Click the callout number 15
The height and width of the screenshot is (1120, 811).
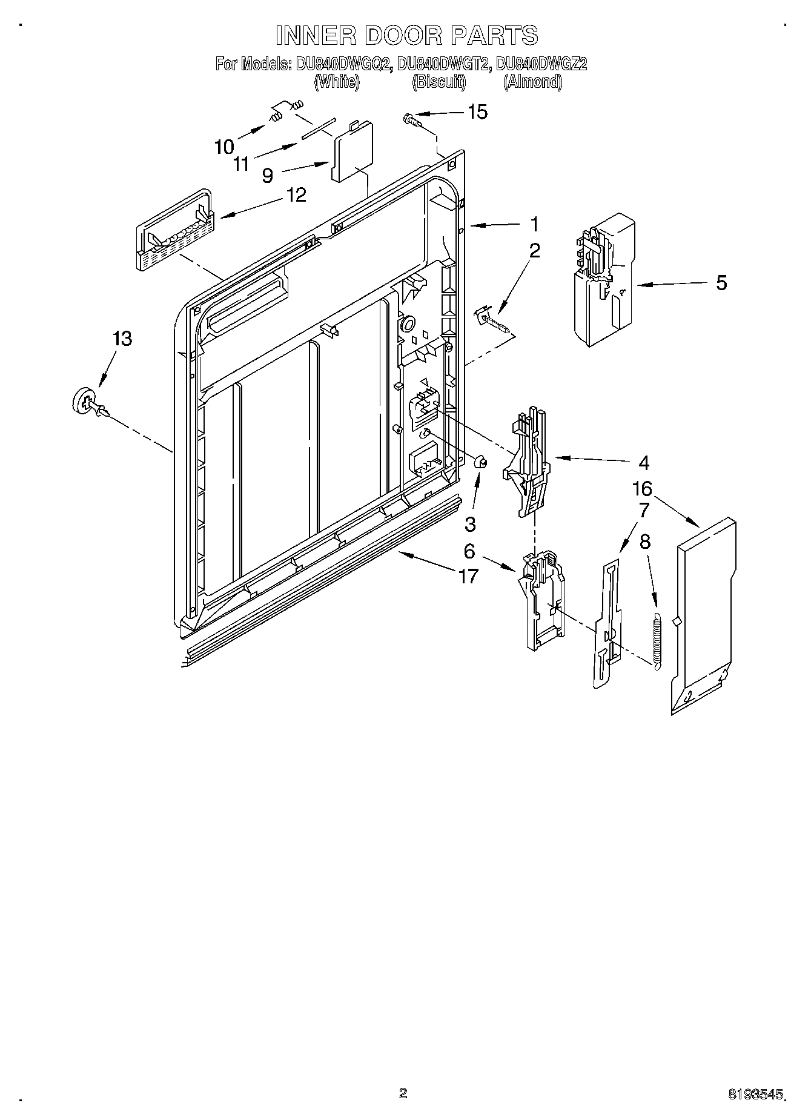click(477, 112)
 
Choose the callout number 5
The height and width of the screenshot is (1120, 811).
click(721, 283)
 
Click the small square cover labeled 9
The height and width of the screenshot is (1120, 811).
click(352, 151)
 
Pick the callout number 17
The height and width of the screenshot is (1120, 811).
click(468, 576)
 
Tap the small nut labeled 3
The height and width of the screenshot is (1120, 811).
click(482, 462)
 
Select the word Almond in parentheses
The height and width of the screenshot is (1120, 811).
click(532, 82)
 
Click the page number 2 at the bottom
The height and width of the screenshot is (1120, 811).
click(403, 1092)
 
